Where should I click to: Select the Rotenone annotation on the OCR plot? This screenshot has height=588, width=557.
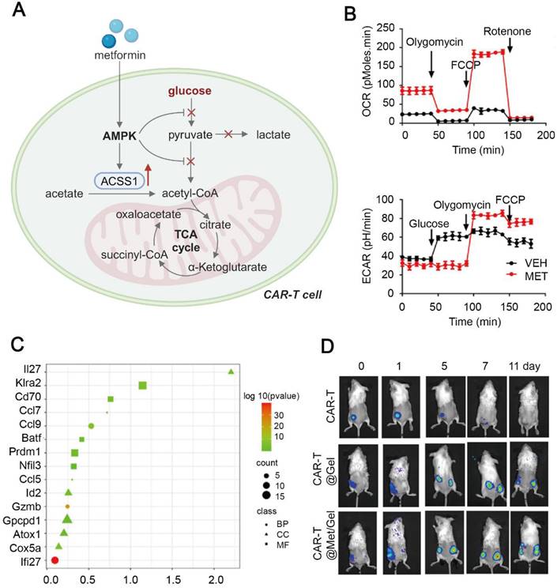click(510, 32)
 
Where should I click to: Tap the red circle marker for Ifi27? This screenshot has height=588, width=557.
click(55, 560)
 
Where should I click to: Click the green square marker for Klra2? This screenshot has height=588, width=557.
click(143, 386)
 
